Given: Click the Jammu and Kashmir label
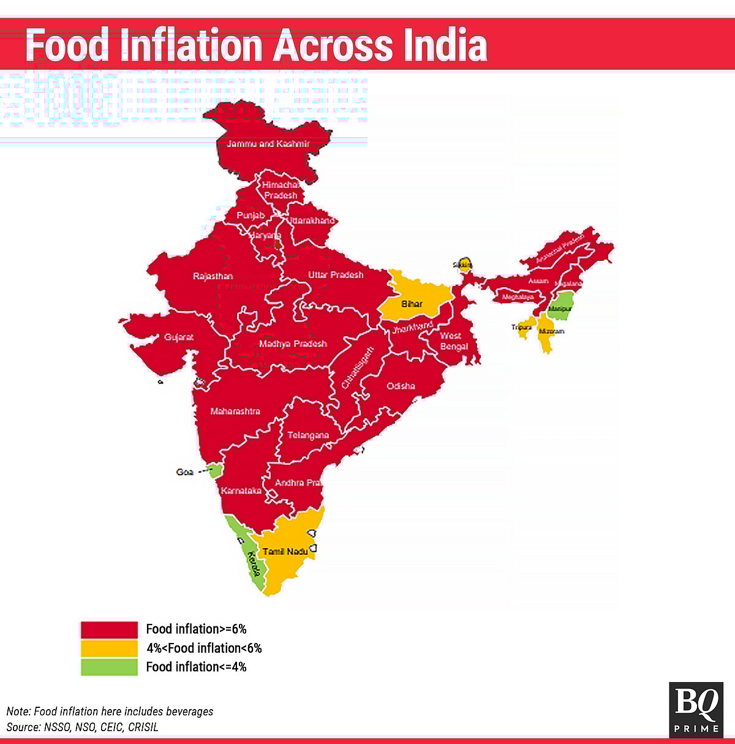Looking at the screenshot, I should tap(268, 144).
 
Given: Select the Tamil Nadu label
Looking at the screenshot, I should tap(285, 552).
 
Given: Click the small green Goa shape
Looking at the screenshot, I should tap(214, 471).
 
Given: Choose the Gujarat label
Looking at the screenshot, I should tap(179, 337).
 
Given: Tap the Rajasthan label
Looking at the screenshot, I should tap(213, 277).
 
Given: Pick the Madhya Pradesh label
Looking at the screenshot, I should tap(293, 344).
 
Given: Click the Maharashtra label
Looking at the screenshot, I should tap(235, 411).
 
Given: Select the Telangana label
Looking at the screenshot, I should tap(308, 435).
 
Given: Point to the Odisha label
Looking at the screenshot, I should tap(401, 386).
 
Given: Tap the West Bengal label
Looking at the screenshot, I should tap(453, 341).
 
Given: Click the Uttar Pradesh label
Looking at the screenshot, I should tap(336, 275).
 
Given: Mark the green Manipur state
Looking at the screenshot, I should tap(560, 305).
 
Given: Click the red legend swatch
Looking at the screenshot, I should tap(109, 629).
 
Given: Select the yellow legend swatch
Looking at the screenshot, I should tap(109, 648).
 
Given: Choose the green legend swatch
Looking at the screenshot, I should tap(109, 667).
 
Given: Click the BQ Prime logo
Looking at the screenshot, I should tap(695, 709).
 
